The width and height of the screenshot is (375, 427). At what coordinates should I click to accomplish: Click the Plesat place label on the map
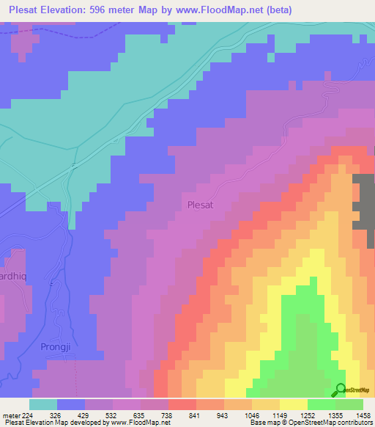point(200,205)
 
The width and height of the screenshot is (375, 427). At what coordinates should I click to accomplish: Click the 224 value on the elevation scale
point(28,415)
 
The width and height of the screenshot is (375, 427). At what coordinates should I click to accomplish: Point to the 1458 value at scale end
point(362,415)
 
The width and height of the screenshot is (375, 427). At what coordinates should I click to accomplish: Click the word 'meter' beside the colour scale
point(10,415)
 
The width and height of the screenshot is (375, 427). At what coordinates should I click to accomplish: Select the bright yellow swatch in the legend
point(293,404)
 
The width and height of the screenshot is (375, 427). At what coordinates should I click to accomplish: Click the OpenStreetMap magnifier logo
point(340,390)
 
